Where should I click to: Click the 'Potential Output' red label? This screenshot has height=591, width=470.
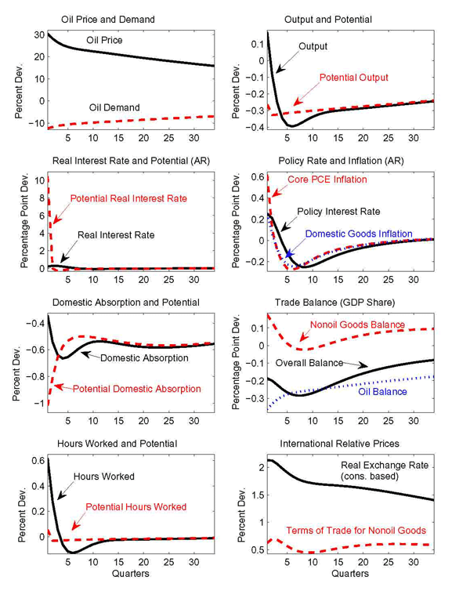point(352,78)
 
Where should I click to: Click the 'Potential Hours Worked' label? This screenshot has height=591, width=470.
point(136,506)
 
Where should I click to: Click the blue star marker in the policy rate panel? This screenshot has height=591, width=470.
point(289,254)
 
